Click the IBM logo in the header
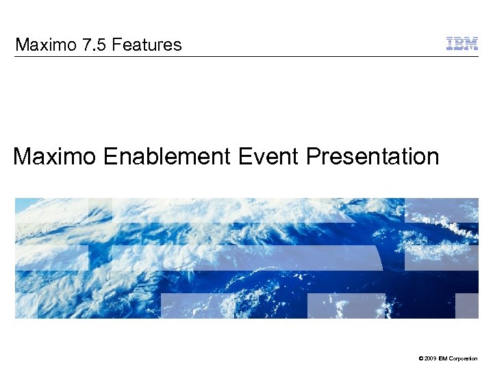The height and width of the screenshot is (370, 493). (462, 44)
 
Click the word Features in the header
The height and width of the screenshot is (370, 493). (147, 45)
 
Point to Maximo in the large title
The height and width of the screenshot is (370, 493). (55, 157)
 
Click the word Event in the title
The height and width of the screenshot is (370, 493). (268, 157)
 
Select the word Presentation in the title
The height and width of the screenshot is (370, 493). (372, 157)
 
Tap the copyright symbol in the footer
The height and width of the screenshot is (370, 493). (419, 358)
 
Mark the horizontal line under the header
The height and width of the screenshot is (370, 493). (246, 56)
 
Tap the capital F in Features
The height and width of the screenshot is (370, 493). (116, 45)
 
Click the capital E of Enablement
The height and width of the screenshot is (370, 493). (110, 157)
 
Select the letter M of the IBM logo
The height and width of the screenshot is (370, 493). (472, 44)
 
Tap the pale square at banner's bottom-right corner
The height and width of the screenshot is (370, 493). (467, 306)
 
